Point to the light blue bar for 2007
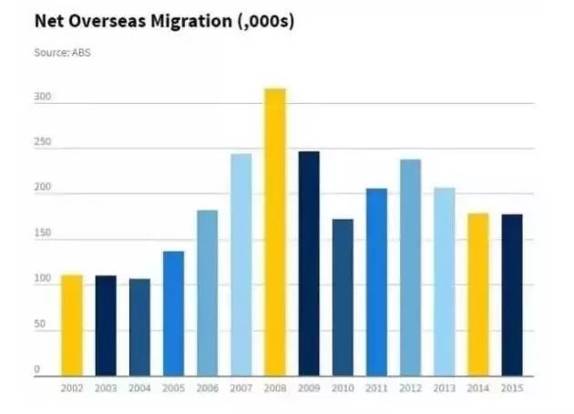click(241, 264)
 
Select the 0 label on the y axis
click(38, 368)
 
